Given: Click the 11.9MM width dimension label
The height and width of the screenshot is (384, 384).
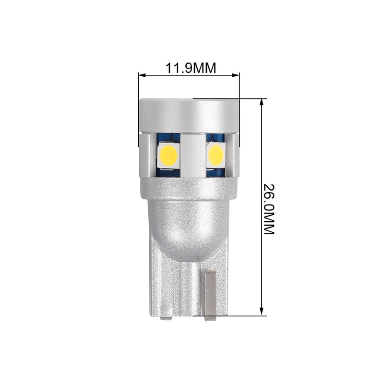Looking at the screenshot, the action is [x=191, y=68].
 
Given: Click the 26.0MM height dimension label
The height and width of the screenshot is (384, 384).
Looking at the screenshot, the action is [x=269, y=209].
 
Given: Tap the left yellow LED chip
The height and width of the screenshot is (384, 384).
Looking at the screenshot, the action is [x=168, y=155].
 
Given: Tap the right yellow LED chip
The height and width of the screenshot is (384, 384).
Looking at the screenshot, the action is [x=216, y=155].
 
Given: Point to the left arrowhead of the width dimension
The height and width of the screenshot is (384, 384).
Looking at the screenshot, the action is [x=142, y=75].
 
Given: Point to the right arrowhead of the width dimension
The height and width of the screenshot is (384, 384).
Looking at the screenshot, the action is [x=236, y=75].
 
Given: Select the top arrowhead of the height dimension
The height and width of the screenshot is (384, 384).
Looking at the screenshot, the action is [x=262, y=102].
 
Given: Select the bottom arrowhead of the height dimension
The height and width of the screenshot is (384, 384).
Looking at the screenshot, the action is [x=262, y=312].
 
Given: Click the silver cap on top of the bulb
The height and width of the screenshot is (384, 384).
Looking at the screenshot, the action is [x=189, y=116].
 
